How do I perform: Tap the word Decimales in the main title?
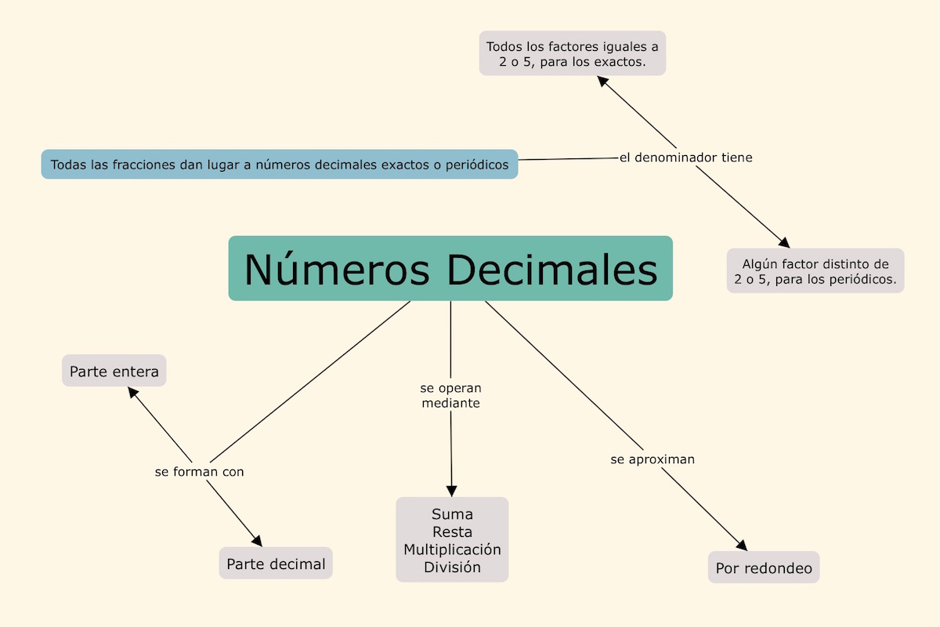[552, 269]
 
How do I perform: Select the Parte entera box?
[114, 371]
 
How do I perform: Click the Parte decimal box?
[276, 564]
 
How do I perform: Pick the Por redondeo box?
[764, 567]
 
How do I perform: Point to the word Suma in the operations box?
[452, 514]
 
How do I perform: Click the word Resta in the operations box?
[452, 531]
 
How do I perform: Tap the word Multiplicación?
[452, 549]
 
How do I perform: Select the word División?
[452, 567]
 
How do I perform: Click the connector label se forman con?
[199, 472]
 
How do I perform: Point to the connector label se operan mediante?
[450, 396]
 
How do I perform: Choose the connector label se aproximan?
[653, 459]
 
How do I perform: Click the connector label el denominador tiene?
[685, 158]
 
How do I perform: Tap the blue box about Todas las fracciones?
[280, 165]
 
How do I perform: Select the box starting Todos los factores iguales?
[573, 53]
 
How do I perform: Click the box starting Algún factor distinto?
[815, 270]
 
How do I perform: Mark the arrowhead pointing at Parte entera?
[134, 392]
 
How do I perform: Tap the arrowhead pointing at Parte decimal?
[257, 541]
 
